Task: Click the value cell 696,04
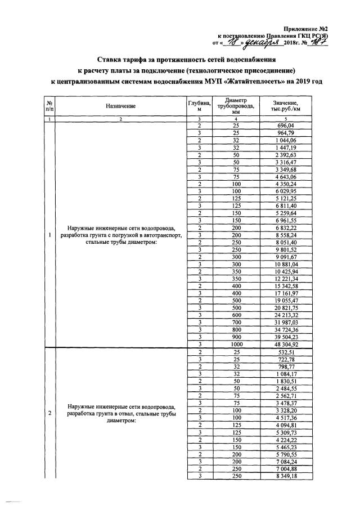[x=286, y=126]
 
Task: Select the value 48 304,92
[x=286, y=345]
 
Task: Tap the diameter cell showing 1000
[x=236, y=345]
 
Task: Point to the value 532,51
[x=286, y=352]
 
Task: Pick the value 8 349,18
[x=286, y=476]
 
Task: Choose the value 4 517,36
[x=286, y=418]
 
